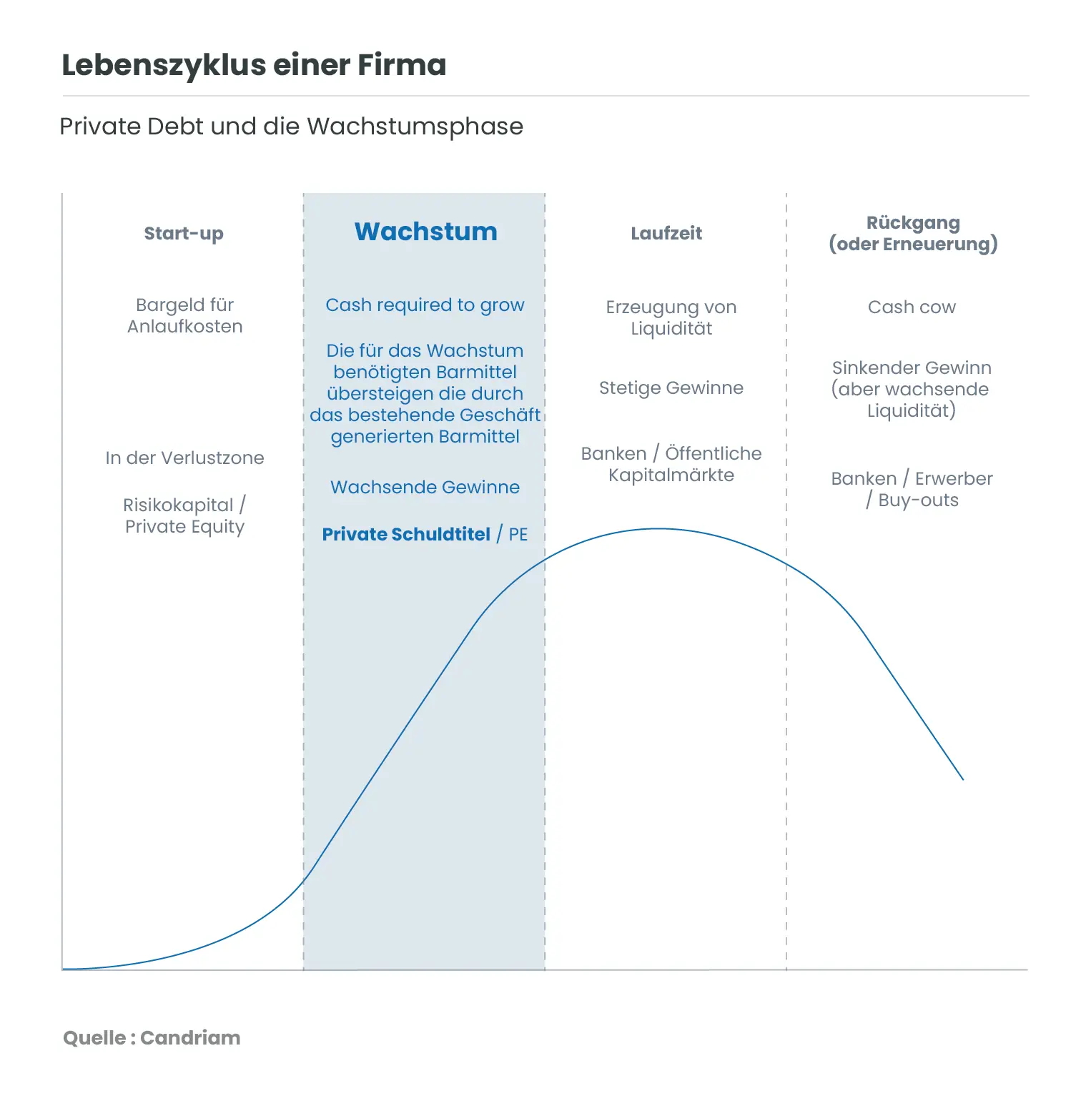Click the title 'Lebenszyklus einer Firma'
254,65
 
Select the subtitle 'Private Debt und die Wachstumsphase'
291,127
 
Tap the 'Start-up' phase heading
184,234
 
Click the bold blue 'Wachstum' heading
425,232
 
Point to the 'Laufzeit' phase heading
666,234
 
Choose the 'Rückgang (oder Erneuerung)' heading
913,234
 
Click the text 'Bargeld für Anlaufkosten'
184,316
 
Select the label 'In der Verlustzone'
184,458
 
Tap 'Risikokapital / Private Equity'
184,515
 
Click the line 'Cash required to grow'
425,305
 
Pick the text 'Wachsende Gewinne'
425,488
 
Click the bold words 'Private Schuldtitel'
406,535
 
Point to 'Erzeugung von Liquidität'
671,318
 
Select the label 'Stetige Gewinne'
671,388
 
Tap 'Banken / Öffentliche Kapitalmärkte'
671,465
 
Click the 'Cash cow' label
912,307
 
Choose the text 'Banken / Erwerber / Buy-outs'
912,490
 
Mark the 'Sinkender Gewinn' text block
912,389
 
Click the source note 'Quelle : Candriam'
152,1038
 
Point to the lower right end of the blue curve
962,779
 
